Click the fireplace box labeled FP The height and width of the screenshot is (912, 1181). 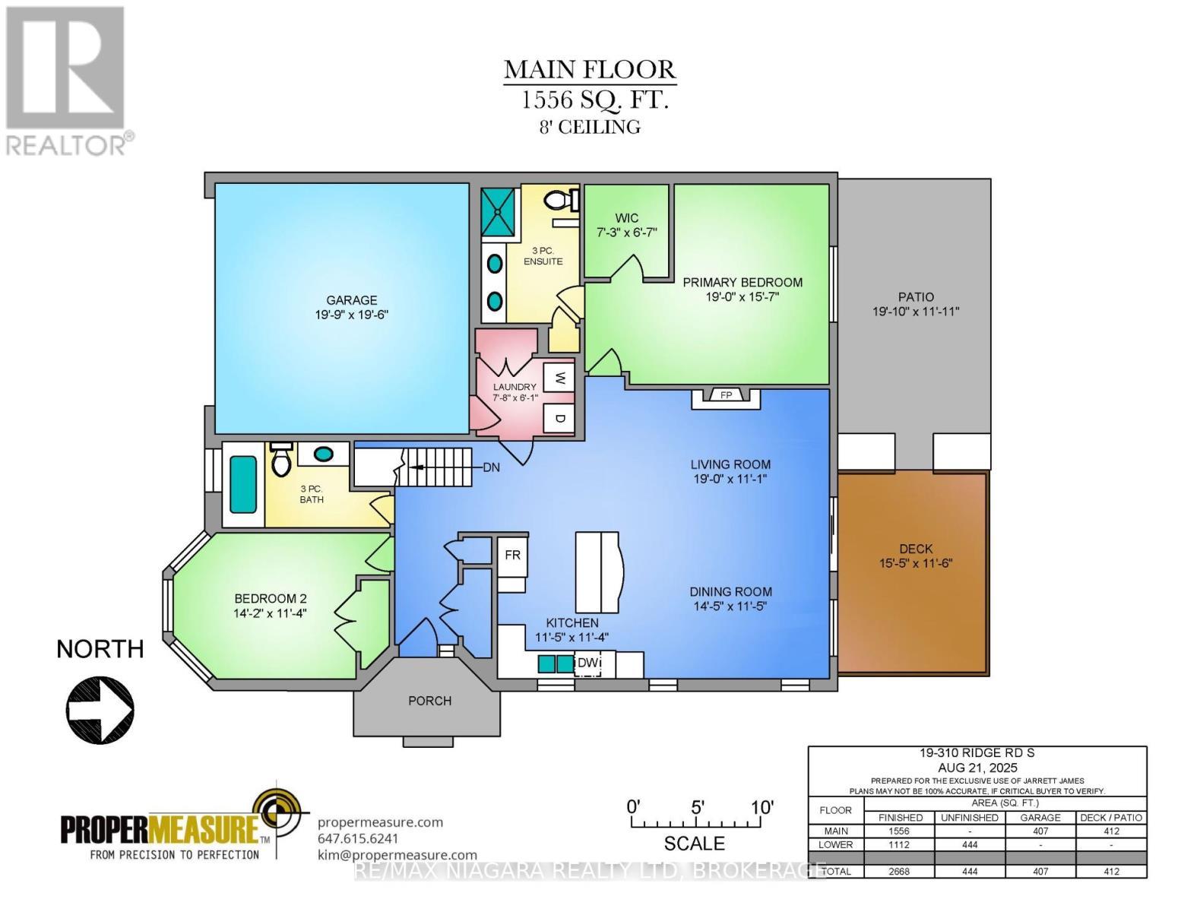(x=726, y=395)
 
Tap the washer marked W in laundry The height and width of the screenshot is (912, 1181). (x=559, y=378)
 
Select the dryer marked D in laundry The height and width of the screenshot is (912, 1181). (x=559, y=418)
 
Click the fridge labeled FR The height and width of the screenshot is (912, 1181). (x=512, y=556)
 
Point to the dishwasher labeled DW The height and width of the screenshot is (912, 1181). (x=587, y=663)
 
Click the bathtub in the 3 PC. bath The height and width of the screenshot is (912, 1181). (x=243, y=484)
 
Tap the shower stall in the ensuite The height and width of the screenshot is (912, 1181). (x=499, y=211)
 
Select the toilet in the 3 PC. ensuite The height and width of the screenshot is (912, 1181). (x=559, y=201)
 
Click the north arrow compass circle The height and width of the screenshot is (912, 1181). (x=100, y=710)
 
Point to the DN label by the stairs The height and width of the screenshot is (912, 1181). (x=492, y=467)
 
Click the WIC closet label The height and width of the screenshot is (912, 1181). (x=627, y=218)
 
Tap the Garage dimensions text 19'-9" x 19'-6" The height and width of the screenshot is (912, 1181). (x=352, y=315)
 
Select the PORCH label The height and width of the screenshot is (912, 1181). (x=429, y=701)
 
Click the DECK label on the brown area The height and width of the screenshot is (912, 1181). (x=915, y=549)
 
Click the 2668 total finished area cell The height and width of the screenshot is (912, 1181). (x=900, y=872)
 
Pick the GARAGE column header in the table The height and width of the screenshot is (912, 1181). (x=1040, y=818)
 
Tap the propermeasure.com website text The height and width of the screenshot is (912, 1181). (x=380, y=822)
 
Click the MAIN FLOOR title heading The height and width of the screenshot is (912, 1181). (x=590, y=70)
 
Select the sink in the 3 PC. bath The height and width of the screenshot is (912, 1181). (x=324, y=454)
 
